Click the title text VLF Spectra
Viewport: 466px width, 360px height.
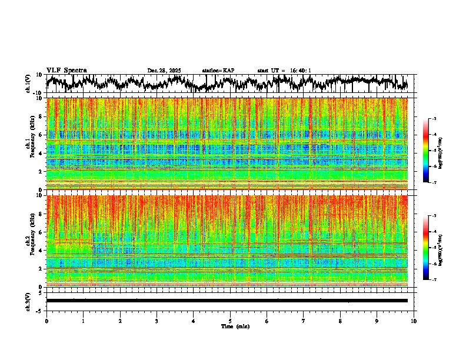click(x=66, y=70)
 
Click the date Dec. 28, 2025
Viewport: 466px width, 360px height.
click(x=164, y=71)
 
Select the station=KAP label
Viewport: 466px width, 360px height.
click(x=218, y=71)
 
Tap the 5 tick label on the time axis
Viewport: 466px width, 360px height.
click(x=230, y=321)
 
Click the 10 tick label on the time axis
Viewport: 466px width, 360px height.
click(x=414, y=321)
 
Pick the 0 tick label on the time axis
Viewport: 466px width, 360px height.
click(x=46, y=321)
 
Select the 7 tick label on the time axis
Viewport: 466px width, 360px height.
click(x=304, y=321)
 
